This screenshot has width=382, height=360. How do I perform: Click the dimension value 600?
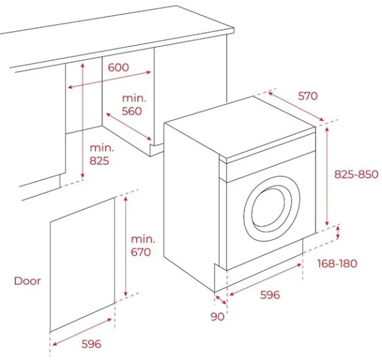tap(118, 68)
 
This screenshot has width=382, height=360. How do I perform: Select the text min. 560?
tap(135, 104)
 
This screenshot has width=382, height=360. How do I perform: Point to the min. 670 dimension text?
tap(143, 245)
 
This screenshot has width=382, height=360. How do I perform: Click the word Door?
tap(27, 280)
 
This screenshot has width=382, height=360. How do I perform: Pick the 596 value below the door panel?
tap(91, 344)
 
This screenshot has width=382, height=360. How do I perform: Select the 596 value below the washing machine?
tap(270, 295)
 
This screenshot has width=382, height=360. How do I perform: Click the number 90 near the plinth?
tap(218, 316)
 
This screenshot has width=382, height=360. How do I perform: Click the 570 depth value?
tap(308, 96)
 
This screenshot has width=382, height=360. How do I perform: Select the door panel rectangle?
tap(83, 264)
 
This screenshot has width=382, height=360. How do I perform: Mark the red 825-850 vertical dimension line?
tap(326, 175)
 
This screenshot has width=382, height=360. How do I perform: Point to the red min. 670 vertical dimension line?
tap(125, 245)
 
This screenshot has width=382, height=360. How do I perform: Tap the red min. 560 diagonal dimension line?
tap(129, 127)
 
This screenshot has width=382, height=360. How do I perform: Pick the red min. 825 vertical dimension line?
tap(82, 121)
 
